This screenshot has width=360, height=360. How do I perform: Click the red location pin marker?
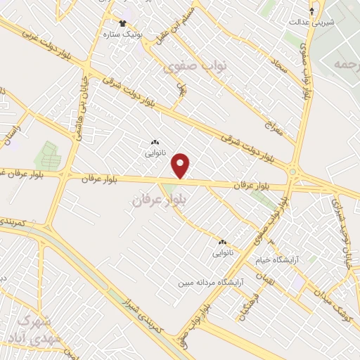click(x=181, y=166)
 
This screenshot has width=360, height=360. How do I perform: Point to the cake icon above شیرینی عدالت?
click(x=313, y=11)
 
